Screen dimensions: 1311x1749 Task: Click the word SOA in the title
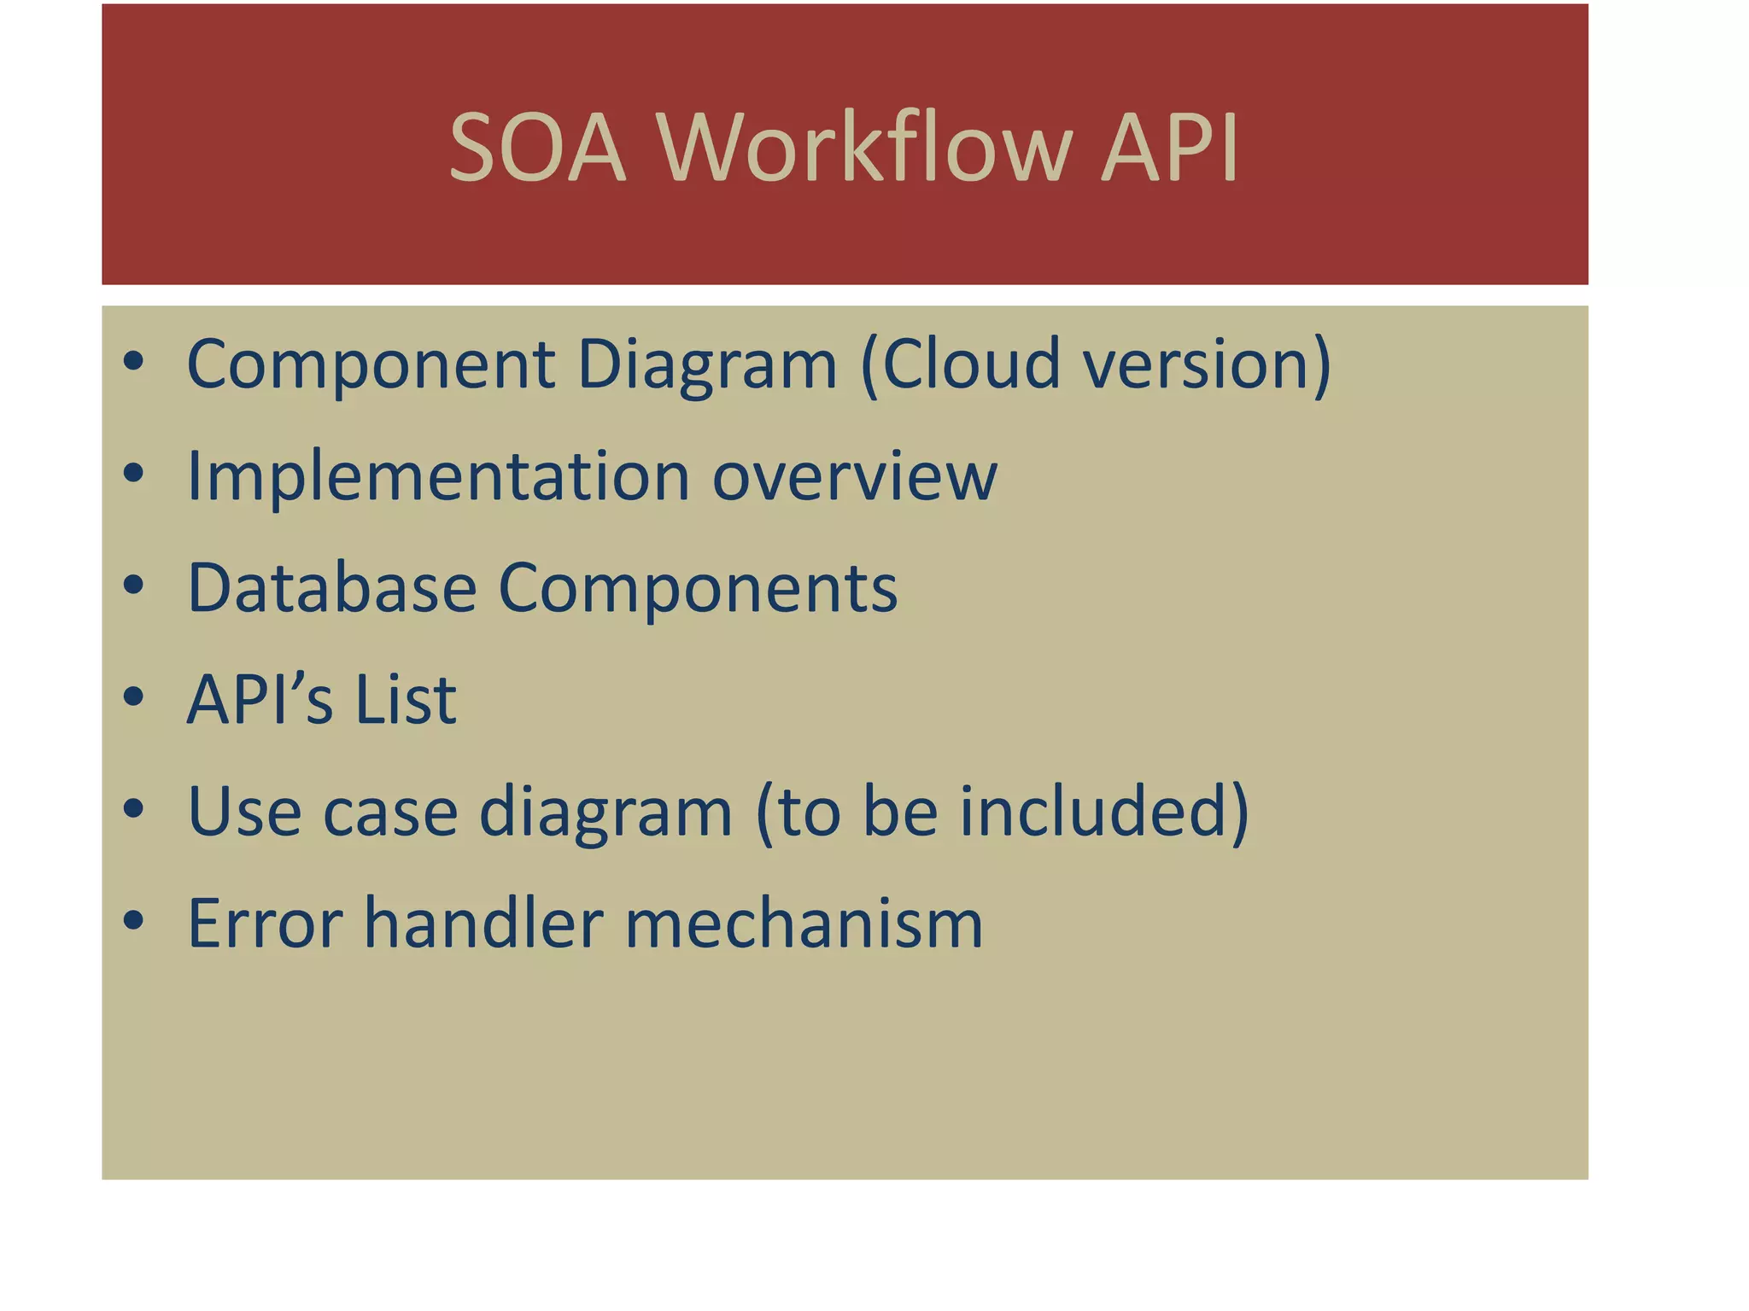(x=537, y=148)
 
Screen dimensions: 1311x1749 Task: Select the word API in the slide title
(x=1169, y=148)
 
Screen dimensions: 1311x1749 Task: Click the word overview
(x=854, y=476)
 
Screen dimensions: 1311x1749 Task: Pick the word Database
(x=331, y=588)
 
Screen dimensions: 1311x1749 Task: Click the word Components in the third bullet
(x=698, y=590)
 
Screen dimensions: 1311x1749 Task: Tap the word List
(x=406, y=700)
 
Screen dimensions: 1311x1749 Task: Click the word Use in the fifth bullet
(x=244, y=812)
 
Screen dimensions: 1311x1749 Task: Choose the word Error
(x=265, y=924)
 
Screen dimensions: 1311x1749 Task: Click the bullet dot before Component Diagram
(x=133, y=362)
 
